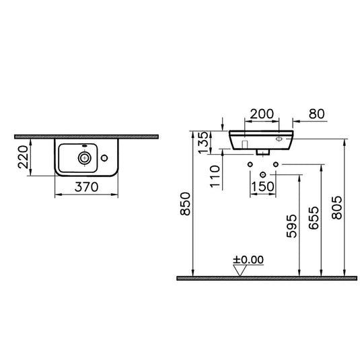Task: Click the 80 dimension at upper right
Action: tap(316, 114)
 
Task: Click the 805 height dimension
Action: tap(338, 209)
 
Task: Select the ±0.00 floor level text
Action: tap(248, 259)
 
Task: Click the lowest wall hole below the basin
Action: tap(262, 174)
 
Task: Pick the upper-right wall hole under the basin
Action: tap(275, 164)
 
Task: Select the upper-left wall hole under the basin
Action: tap(250, 164)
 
